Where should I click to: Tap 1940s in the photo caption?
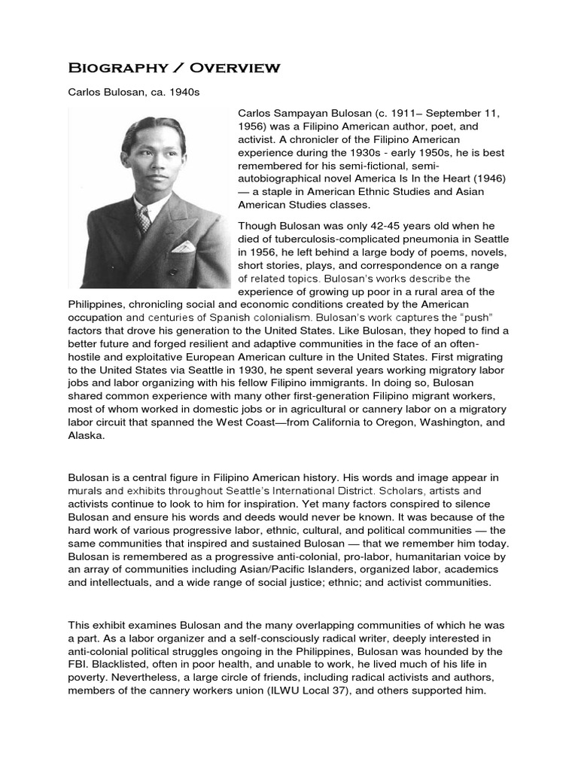coord(188,93)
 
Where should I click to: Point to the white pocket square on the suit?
coord(181,246)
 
